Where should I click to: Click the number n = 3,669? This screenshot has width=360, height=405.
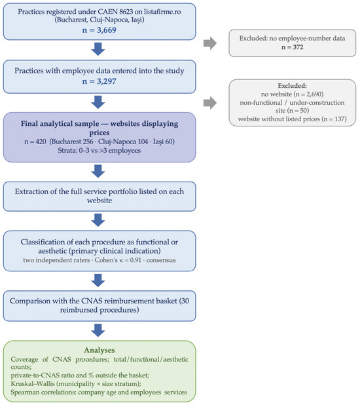[99, 30]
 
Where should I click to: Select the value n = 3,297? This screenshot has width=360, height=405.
[99, 81]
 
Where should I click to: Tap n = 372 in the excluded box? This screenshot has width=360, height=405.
[292, 47]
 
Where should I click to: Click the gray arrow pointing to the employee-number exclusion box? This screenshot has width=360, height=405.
[210, 43]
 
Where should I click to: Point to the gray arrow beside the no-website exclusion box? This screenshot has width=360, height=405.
[210, 103]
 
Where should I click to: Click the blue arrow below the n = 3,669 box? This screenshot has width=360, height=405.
[98, 49]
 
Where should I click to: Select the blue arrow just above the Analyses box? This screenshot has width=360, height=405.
[98, 330]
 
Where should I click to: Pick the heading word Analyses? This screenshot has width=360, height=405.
[99, 350]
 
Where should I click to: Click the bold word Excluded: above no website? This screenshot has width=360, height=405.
[292, 86]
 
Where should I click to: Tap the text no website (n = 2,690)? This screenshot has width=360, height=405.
[292, 94]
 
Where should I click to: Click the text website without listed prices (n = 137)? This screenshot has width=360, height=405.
[292, 119]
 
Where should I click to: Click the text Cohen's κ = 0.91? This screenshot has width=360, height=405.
[118, 260]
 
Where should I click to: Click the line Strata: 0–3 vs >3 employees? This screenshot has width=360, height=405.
[99, 151]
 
